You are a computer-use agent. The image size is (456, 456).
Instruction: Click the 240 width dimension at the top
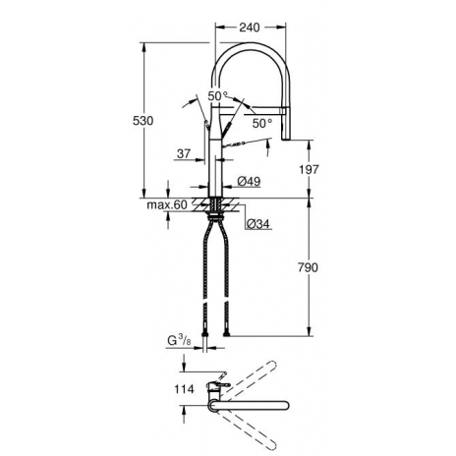(x=250, y=28)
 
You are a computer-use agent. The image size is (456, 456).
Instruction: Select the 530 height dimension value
(x=142, y=121)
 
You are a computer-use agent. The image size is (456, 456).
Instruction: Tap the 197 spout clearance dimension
(x=309, y=169)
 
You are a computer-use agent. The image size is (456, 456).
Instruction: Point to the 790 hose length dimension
(x=308, y=267)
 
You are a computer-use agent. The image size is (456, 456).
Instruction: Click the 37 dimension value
(x=184, y=153)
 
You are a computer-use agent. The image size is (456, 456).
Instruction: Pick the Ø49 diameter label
(x=249, y=181)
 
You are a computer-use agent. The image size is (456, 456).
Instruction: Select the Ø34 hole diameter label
(x=258, y=224)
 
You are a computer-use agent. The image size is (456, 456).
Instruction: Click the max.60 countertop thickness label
(x=167, y=205)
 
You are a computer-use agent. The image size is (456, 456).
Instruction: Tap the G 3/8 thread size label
(x=179, y=341)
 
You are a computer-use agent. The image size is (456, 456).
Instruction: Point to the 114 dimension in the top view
(x=184, y=389)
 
